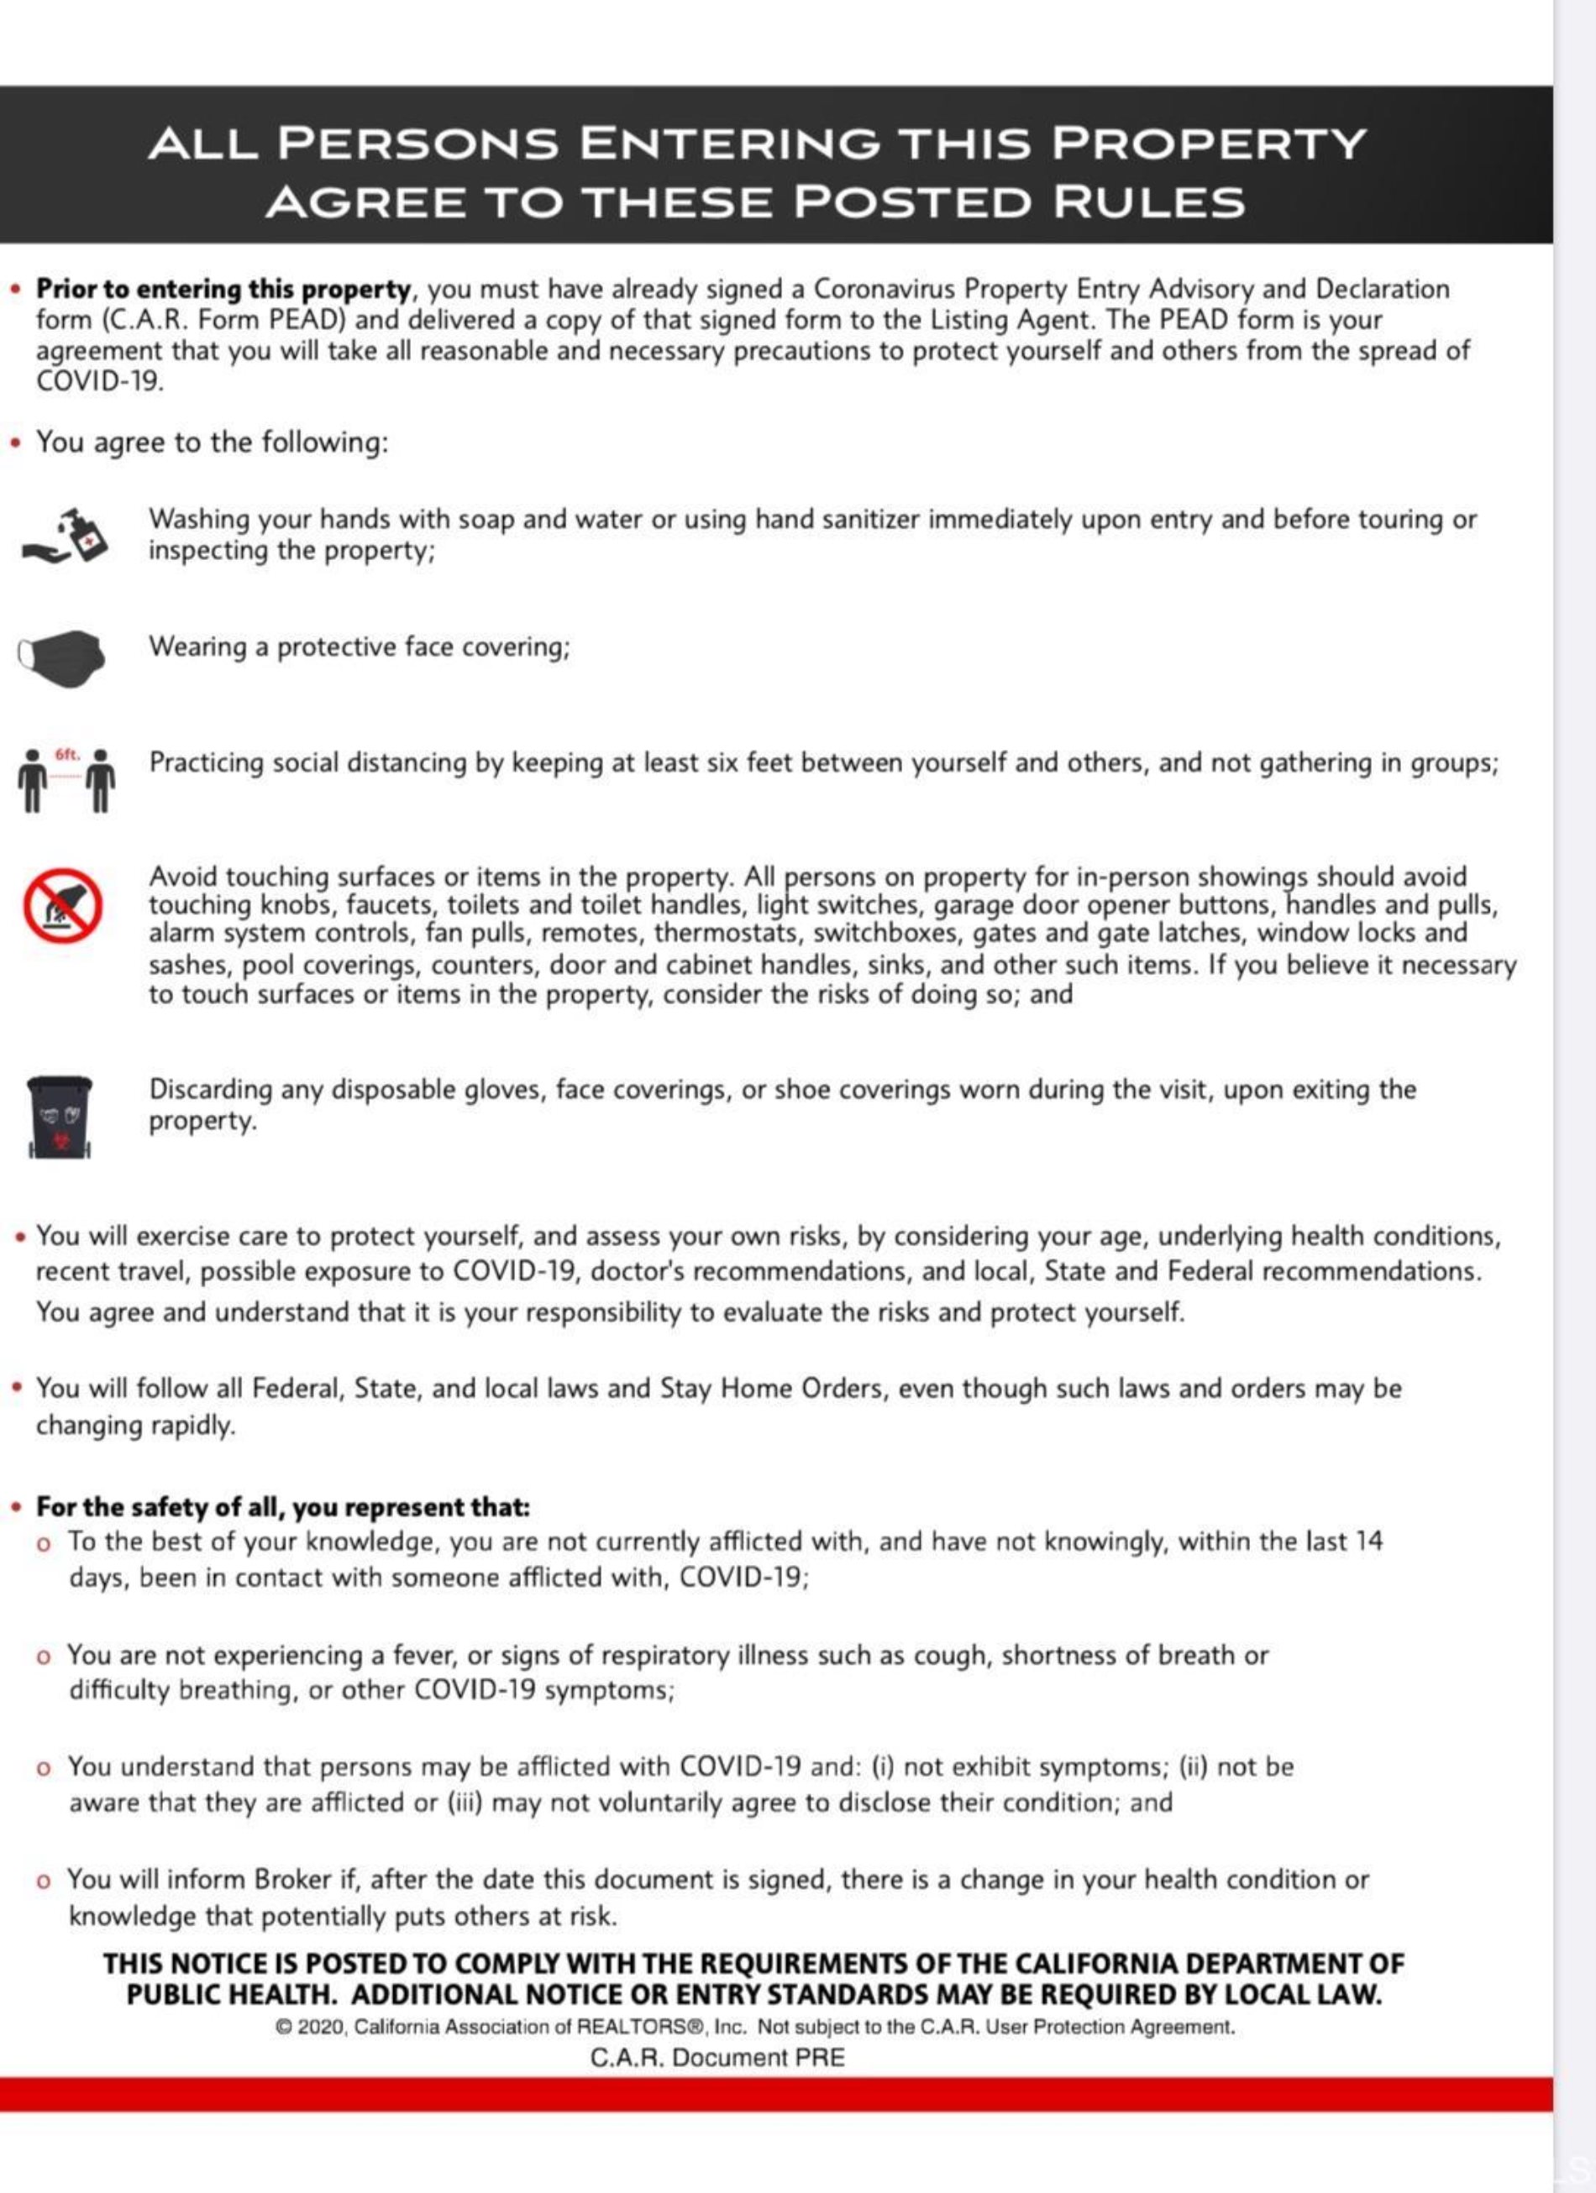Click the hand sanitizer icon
pos(66,535)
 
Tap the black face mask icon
pos(62,657)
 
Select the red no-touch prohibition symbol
pos(63,905)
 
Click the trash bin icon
pos(60,1117)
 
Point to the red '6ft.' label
pos(66,754)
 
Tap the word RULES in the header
pos(1148,202)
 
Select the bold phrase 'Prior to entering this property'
pos(223,289)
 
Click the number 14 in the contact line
pos(1368,1541)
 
